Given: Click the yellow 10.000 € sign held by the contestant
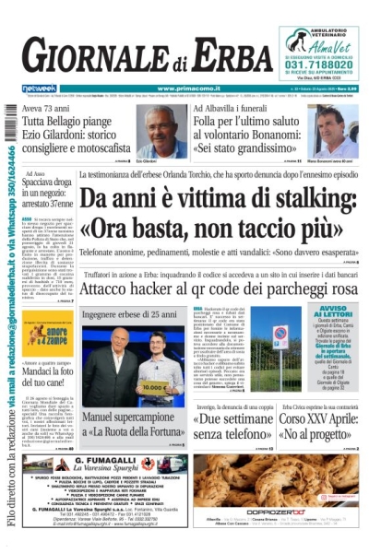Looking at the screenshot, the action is pos(159,387).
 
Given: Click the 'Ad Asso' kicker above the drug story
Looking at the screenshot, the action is pos(35,173).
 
